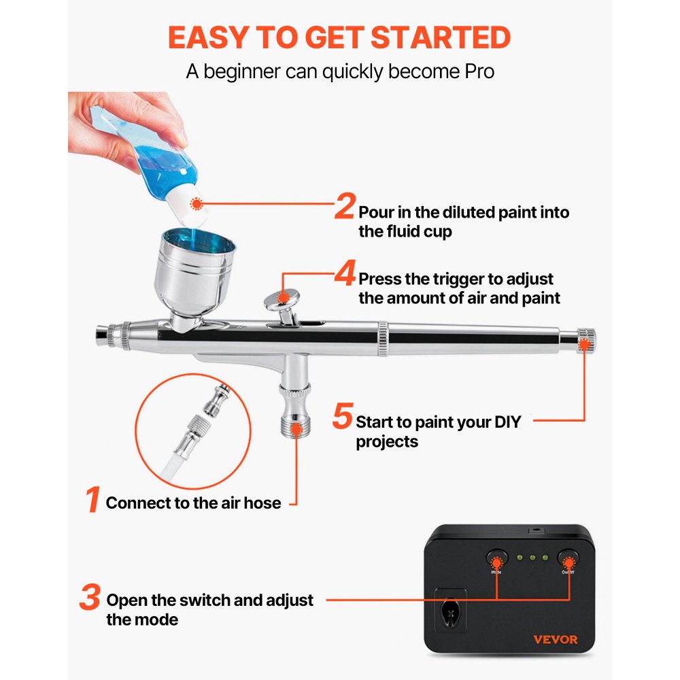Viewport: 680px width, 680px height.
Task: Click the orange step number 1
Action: pos(92,498)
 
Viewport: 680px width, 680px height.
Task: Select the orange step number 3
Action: pos(90,597)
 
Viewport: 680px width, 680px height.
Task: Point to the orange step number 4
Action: pos(345,273)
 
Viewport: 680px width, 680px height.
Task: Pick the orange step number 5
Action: pos(343,415)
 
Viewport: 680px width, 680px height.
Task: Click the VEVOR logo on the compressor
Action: pos(556,640)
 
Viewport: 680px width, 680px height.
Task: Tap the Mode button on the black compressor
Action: pos(496,558)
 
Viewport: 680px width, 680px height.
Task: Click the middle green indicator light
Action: pos(532,558)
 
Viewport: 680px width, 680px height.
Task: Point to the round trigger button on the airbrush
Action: pos(282,299)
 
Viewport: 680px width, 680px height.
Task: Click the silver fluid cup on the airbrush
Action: pos(194,273)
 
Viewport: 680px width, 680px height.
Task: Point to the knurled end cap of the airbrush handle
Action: pos(585,341)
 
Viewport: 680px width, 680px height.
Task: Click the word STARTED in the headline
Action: pos(441,37)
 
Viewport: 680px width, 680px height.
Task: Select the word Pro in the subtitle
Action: pos(479,71)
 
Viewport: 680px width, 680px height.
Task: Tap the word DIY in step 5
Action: pos(508,422)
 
